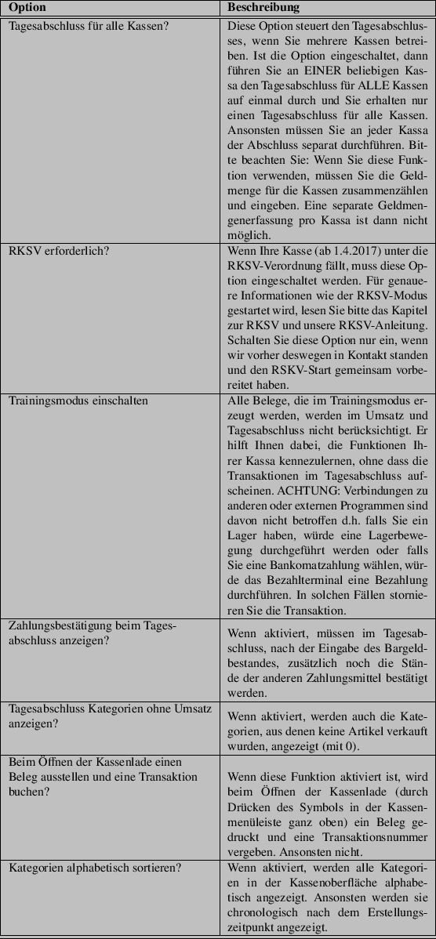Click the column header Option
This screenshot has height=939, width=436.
(27, 8)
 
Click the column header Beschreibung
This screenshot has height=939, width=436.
(263, 8)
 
